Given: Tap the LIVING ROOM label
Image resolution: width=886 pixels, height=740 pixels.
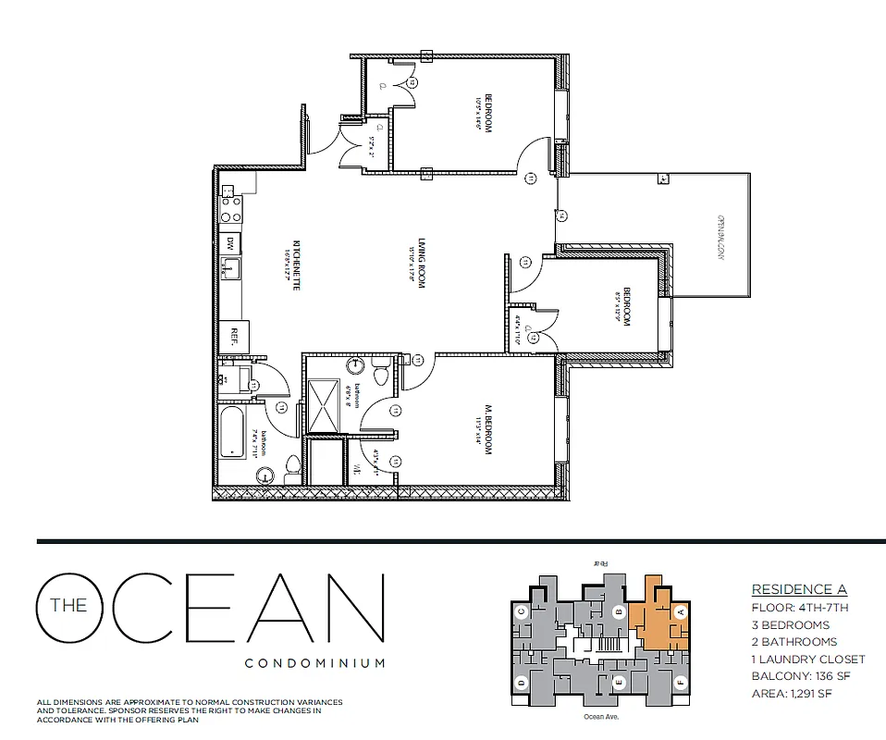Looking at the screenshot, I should pos(420,264).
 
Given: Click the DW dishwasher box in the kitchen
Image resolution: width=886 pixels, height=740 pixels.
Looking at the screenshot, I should pos(229,243).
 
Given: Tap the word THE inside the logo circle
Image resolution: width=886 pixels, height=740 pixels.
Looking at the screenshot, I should pos(69,607).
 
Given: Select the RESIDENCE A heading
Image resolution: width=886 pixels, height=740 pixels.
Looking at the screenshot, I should pos(798,589).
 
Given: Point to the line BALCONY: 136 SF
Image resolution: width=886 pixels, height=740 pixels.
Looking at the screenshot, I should pos(801,676).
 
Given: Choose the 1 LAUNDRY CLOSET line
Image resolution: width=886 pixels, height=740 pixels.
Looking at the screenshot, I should pos(807,660).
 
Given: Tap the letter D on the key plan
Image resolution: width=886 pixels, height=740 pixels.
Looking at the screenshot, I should pos(523,684).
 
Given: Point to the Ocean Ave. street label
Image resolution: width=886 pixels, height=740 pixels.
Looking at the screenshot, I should pos(600,716).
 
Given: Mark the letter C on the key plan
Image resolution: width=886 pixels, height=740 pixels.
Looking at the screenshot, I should pos(523,611).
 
